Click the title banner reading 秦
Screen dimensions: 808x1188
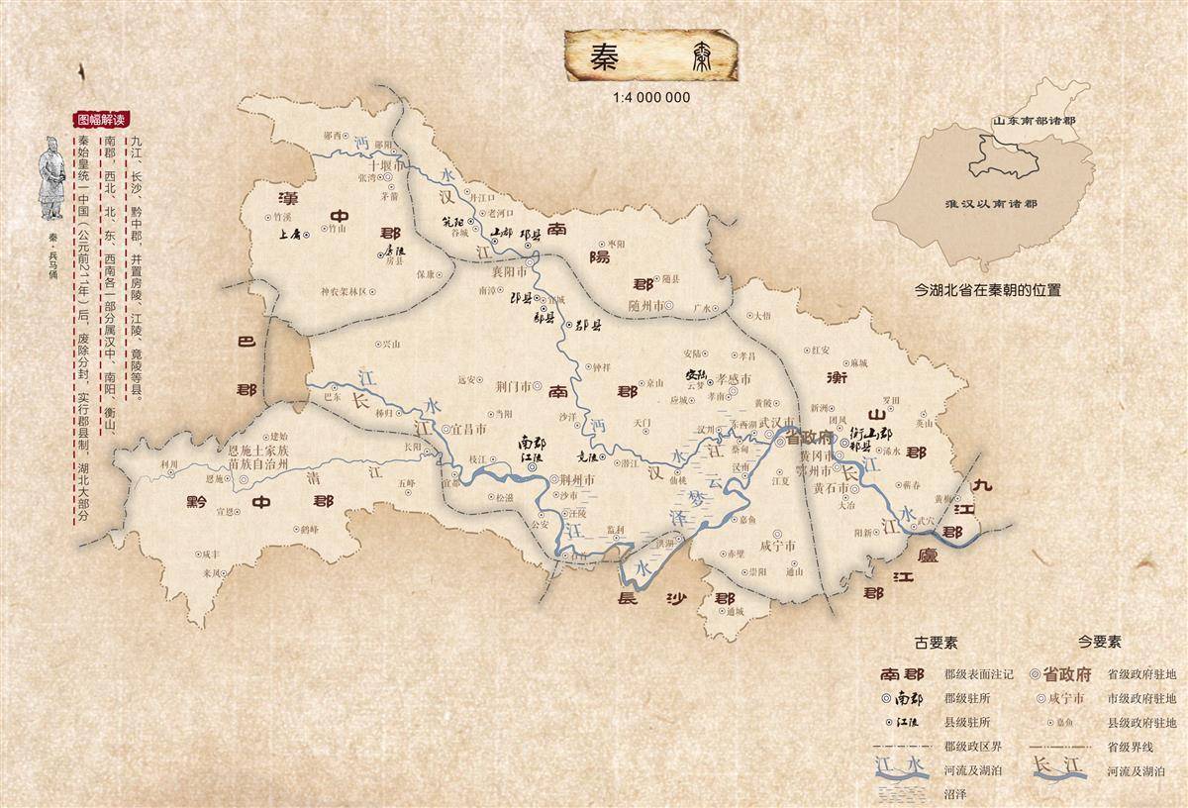tap(652, 57)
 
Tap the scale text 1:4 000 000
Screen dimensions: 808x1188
tap(651, 98)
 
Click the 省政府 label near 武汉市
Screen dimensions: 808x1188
tap(813, 437)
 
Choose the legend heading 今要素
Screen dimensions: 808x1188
tap(1101, 643)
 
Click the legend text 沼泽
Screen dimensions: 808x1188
tap(956, 792)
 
